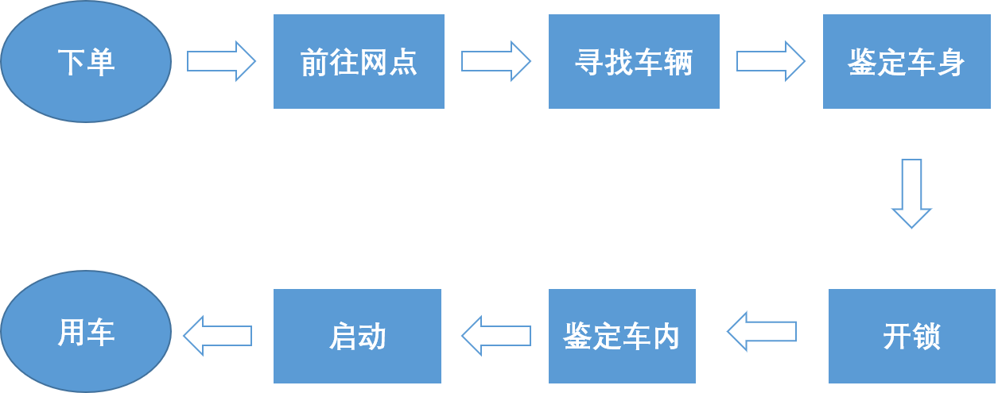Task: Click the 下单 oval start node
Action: point(86,61)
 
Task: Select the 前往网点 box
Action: point(359,61)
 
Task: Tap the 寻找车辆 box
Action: point(634,61)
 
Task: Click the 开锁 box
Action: point(911,336)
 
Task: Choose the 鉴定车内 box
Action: point(622,336)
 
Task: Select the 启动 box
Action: point(357,336)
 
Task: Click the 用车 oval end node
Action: point(86,332)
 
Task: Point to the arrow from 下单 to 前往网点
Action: point(221,61)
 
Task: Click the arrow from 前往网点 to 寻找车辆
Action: point(495,61)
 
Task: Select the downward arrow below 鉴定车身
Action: point(911,193)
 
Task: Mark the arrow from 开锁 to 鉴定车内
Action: point(761,331)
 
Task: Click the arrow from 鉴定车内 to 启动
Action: point(495,335)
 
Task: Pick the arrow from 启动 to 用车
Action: point(217,335)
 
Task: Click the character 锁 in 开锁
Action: point(926,337)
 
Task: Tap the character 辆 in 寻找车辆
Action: point(678,62)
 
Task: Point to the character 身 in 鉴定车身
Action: point(951,62)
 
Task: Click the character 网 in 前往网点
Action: point(374,62)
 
